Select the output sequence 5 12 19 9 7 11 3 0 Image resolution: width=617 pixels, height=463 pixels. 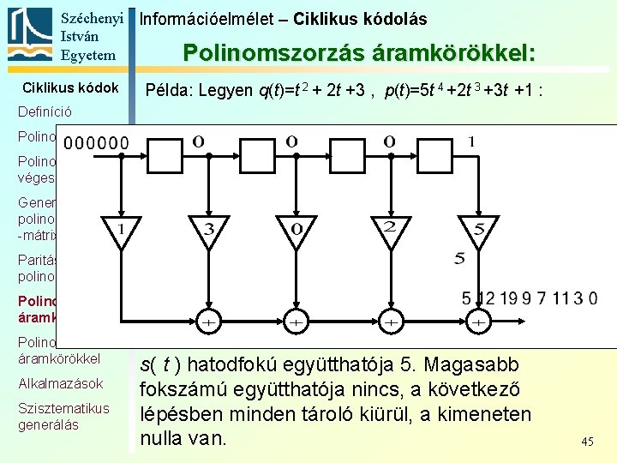pyautogui.click(x=530, y=299)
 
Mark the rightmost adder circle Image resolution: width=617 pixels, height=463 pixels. pyautogui.click(x=480, y=322)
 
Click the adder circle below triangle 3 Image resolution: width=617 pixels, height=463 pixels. pyautogui.click(x=208, y=322)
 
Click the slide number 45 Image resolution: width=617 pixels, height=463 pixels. pyautogui.click(x=587, y=442)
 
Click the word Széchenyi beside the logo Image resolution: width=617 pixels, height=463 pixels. pyautogui.click(x=92, y=17)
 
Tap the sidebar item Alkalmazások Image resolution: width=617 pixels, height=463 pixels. pyautogui.click(x=61, y=383)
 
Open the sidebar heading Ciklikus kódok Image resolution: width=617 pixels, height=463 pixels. pyautogui.click(x=70, y=87)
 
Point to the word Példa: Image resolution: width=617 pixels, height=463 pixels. pyautogui.click(x=169, y=90)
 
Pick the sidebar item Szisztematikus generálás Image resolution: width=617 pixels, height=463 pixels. pyautogui.click(x=63, y=416)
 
